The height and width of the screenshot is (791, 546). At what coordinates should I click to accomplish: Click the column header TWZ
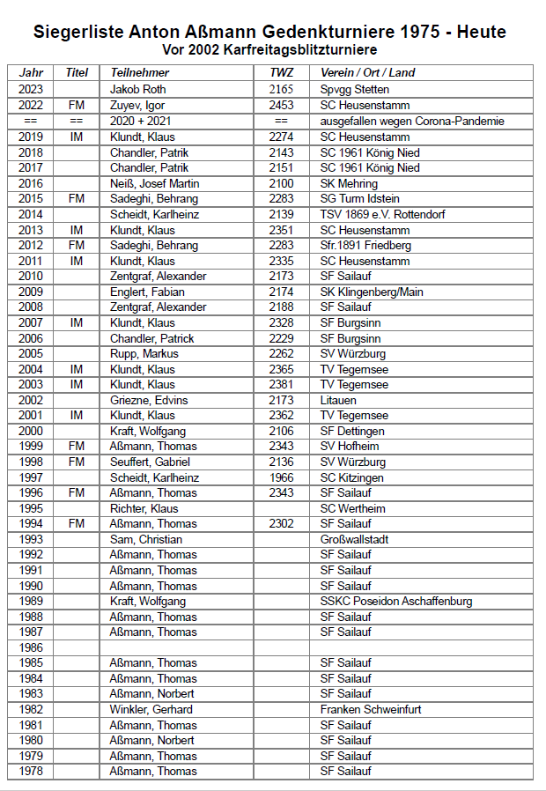[x=281, y=73]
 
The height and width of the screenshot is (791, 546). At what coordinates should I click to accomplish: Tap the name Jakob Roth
[x=137, y=90]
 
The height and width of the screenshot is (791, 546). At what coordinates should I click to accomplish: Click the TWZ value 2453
[x=281, y=106]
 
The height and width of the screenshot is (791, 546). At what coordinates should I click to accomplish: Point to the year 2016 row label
[x=30, y=183]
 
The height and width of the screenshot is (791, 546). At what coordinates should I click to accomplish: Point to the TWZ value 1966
[x=281, y=477]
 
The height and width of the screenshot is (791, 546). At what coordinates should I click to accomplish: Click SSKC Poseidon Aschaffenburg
[x=395, y=602]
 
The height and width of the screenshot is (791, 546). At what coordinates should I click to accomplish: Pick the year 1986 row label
[x=30, y=647]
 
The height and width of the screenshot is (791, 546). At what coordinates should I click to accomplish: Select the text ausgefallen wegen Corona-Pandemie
[x=412, y=122]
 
